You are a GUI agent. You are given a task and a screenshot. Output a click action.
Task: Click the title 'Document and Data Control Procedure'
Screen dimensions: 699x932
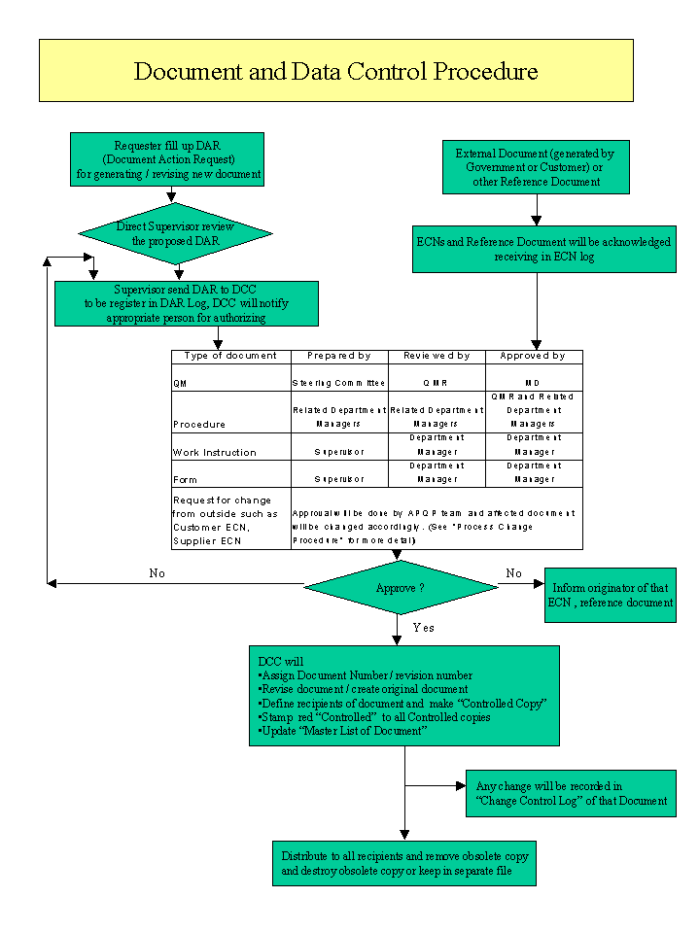(x=335, y=71)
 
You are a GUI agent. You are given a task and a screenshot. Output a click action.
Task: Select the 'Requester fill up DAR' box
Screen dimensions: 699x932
(x=167, y=159)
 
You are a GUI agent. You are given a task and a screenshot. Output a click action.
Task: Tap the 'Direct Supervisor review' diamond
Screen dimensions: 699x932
(x=175, y=233)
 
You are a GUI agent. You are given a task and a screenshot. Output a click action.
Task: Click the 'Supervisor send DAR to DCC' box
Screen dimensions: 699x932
(x=187, y=304)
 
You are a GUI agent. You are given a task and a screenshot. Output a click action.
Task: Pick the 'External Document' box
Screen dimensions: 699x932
(x=536, y=167)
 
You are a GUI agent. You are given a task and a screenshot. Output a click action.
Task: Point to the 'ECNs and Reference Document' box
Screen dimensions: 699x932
(x=544, y=249)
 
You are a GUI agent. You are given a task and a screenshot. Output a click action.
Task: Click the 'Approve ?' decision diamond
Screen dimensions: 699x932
(x=401, y=587)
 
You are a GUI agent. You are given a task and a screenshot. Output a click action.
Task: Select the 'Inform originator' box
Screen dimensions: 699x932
(x=611, y=595)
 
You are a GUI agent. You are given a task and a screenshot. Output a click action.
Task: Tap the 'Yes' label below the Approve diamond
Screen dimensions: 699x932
(x=424, y=628)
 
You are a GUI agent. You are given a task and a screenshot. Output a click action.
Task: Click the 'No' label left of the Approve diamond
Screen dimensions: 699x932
(x=157, y=573)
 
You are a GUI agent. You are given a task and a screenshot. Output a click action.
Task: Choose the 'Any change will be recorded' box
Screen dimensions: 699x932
(x=572, y=793)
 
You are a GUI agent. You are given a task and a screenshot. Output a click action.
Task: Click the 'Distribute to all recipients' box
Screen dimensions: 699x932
(x=404, y=863)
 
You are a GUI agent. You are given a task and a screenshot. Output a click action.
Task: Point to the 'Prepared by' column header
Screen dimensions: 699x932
(x=339, y=356)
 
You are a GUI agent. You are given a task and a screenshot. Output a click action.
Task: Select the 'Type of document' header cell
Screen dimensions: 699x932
(x=230, y=356)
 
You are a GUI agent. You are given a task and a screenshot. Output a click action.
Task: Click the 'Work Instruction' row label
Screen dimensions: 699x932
(x=215, y=452)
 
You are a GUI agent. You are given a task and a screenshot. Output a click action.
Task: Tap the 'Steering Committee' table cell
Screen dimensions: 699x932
(x=338, y=383)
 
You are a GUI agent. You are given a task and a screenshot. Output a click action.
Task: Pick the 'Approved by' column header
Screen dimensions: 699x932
(x=533, y=356)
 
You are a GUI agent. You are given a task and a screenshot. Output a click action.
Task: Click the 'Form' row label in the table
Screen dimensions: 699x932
(x=185, y=480)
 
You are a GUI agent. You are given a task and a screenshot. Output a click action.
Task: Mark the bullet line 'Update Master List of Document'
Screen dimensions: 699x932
(x=342, y=731)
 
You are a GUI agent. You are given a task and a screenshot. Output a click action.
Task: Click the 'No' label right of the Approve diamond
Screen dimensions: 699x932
(x=514, y=573)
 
